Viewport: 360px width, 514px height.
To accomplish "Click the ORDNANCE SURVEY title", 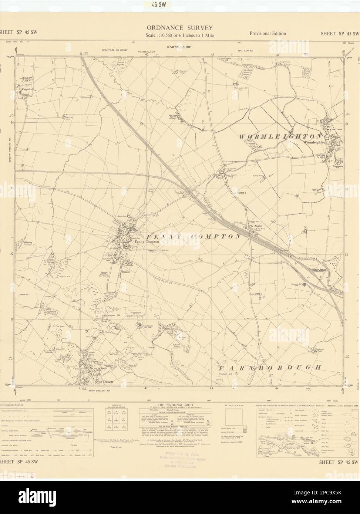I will [x=180, y=28].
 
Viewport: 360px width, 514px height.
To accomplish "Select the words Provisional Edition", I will [x=268, y=33].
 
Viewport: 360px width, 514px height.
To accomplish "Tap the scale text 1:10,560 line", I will [x=180, y=35].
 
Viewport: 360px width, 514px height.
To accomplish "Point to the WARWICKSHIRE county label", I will [x=180, y=47].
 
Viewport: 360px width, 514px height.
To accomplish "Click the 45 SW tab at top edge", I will [x=180, y=4].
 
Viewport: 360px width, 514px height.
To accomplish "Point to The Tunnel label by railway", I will [x=256, y=226].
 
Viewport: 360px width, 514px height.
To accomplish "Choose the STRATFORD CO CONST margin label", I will [x=115, y=50].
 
